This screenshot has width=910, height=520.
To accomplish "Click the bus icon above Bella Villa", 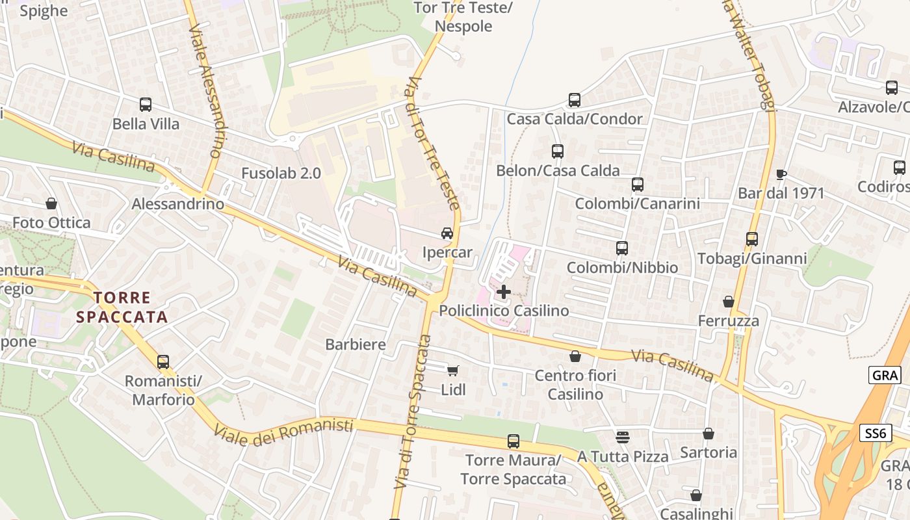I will pos(146,104).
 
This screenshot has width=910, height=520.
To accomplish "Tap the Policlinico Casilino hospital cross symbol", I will pos(503,292).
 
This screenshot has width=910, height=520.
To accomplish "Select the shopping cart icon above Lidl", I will pos(452,370).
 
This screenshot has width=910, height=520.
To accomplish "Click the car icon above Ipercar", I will pos(447,233).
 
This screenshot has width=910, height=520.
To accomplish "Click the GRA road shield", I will pos(885,375).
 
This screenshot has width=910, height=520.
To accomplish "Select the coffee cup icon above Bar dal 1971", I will pos(781,174).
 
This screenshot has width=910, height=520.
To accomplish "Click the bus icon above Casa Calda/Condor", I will pos(575,100).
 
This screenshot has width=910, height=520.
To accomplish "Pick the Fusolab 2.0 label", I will pos(281,174).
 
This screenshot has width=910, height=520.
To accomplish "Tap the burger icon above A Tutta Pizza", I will pos(622,437).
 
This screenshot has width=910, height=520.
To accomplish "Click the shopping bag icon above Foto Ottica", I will pos(51,203).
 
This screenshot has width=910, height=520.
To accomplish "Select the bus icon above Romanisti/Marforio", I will pos(163,361).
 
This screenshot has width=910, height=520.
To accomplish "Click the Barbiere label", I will pos(356,344).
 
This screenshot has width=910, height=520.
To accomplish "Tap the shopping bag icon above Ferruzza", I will pos(729,302).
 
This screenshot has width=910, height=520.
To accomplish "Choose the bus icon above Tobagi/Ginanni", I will pos(752,239).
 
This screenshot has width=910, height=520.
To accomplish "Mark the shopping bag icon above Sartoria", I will pos(708,434).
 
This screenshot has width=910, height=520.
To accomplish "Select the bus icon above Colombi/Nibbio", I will pos(622,248).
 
